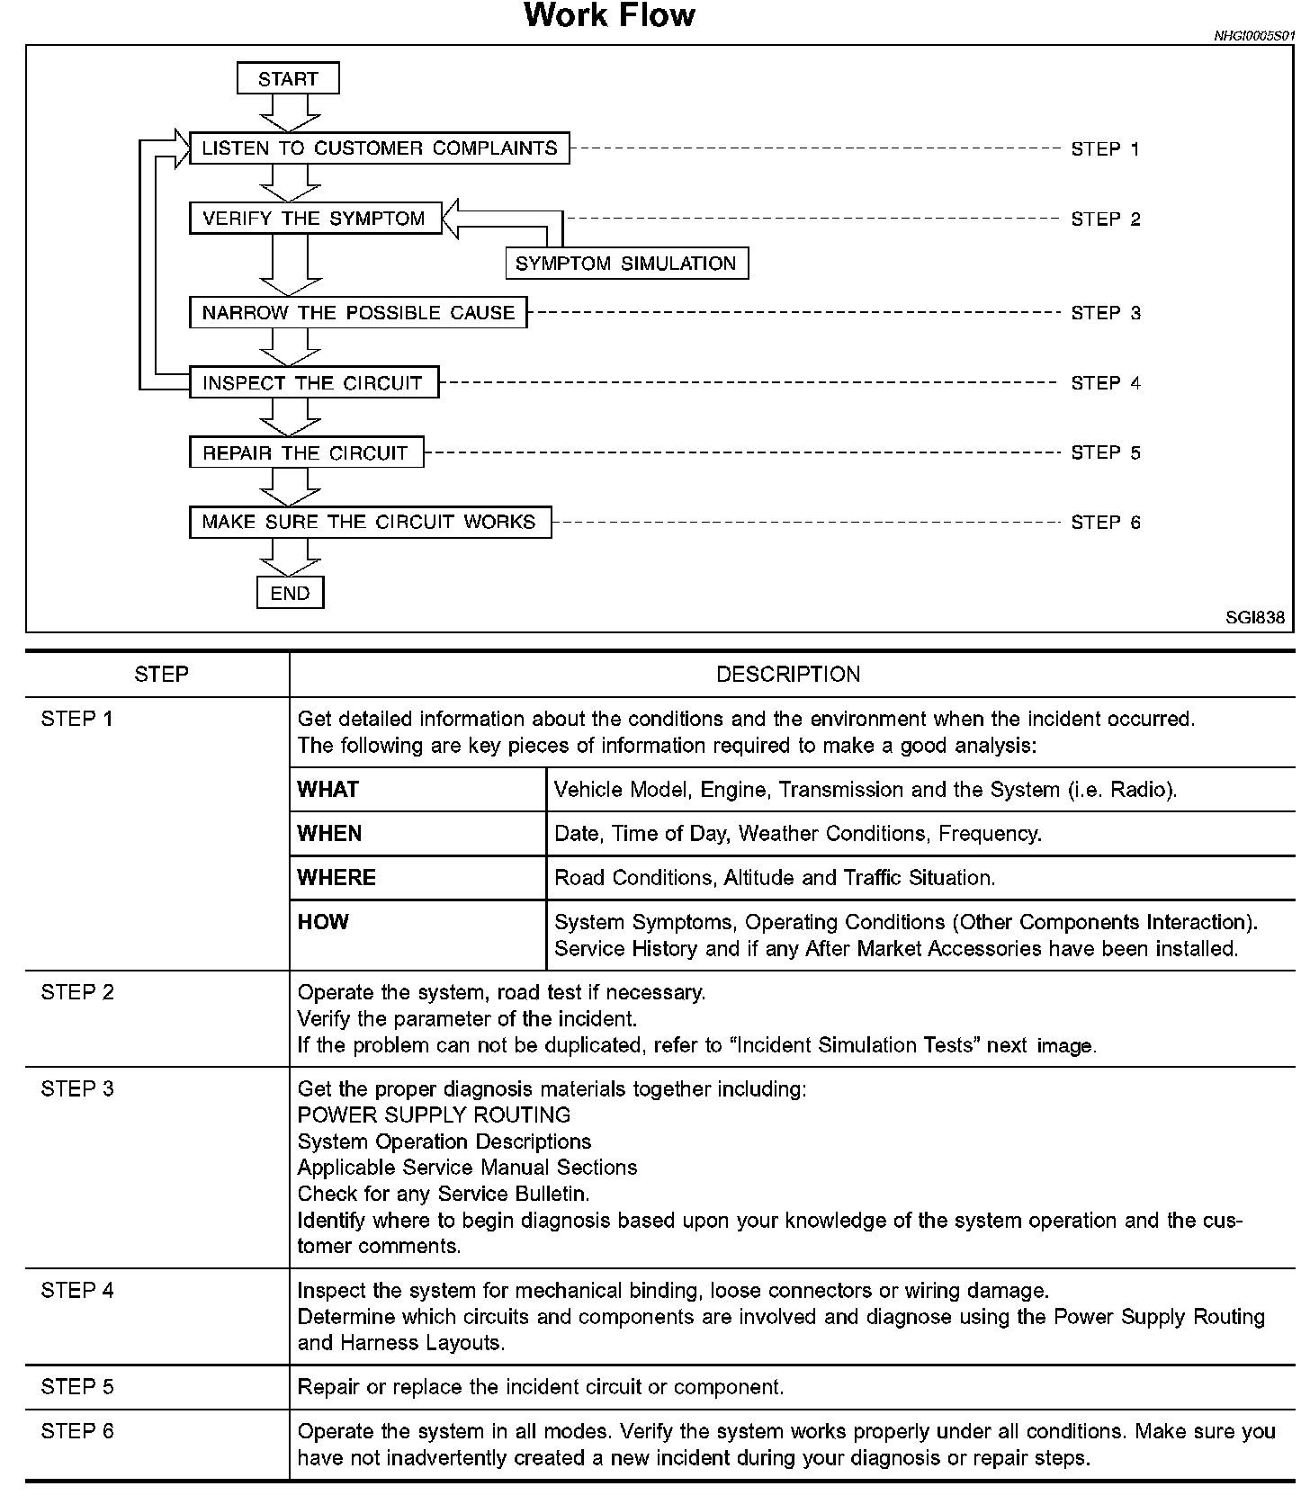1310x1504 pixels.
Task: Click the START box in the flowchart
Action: click(x=288, y=78)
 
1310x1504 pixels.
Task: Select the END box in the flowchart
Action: click(x=290, y=593)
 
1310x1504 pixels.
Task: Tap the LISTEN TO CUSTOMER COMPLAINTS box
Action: click(x=379, y=148)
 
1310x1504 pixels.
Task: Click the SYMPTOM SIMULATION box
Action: click(x=626, y=264)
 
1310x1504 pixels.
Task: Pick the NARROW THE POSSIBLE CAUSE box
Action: click(x=358, y=313)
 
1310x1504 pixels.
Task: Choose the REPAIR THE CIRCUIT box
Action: click(x=306, y=452)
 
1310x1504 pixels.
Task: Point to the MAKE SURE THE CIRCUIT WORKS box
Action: click(x=370, y=522)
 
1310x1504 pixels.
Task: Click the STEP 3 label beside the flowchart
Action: click(x=1105, y=313)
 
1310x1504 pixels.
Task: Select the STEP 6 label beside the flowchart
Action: click(x=1105, y=523)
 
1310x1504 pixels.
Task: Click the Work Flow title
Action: click(x=609, y=16)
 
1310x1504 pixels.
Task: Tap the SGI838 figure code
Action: click(x=1255, y=618)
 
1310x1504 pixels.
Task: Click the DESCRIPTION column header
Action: click(x=788, y=675)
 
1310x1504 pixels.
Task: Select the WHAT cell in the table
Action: click(x=328, y=790)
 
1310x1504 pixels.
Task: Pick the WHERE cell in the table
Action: click(x=336, y=878)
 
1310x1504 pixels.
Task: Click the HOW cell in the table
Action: click(x=323, y=922)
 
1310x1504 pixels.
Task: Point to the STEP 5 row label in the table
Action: click(x=77, y=1387)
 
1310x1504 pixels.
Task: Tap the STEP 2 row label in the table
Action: click(x=77, y=992)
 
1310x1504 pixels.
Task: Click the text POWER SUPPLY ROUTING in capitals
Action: click(x=434, y=1115)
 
